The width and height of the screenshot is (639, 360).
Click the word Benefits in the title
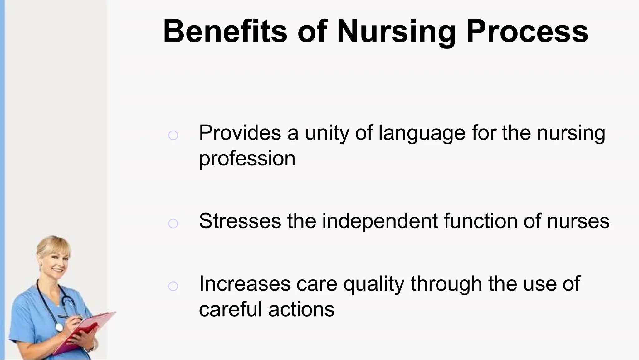point(225,31)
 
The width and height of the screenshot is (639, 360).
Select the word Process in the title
point(527,31)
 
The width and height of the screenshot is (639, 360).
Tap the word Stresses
point(240,221)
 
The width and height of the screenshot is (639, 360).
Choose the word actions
point(301,309)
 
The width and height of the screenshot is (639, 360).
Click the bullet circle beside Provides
point(173,135)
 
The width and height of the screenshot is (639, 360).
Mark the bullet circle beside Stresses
point(173,224)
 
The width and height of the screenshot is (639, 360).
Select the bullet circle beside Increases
point(173,286)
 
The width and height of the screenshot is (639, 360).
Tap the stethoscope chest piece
point(59,327)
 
